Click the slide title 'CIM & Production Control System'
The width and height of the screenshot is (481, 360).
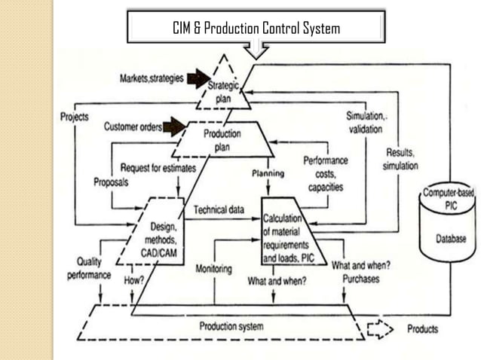pos(256,29)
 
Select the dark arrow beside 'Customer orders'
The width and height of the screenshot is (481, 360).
pos(174,127)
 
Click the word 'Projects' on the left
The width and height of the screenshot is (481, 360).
pos(75,117)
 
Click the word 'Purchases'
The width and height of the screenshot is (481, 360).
pos(360,279)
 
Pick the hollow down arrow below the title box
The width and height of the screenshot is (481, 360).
pos(257,50)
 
